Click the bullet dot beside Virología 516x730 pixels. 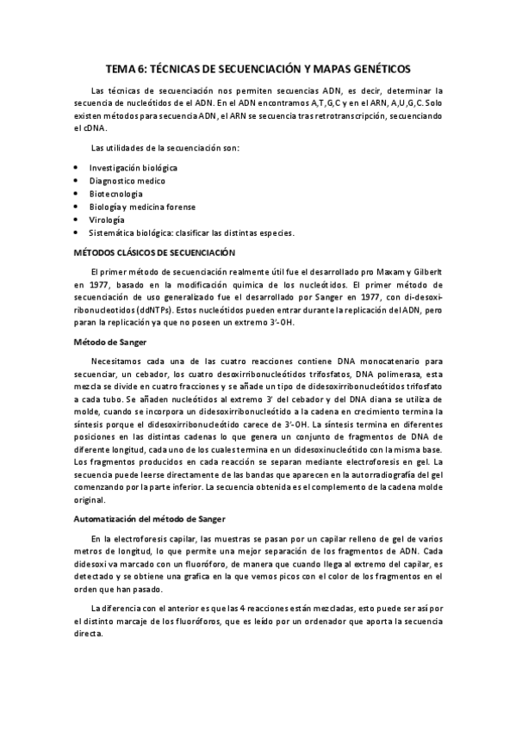76,220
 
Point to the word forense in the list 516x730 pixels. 181,207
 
